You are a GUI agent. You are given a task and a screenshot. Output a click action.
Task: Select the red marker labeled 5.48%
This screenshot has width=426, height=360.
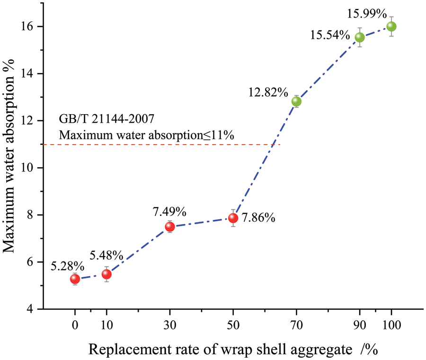point(106,274)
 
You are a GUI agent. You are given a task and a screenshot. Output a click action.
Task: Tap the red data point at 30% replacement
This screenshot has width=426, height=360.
point(170,226)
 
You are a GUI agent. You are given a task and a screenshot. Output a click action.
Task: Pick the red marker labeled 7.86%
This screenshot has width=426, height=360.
point(233,218)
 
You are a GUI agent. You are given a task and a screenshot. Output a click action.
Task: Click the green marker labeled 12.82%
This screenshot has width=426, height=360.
point(296,101)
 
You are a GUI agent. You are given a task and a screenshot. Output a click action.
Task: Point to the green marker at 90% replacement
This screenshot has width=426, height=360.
point(360,37)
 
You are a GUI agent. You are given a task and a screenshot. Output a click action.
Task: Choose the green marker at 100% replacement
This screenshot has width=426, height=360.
point(391,26)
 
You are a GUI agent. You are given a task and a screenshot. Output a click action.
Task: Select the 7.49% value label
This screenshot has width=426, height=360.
point(169,212)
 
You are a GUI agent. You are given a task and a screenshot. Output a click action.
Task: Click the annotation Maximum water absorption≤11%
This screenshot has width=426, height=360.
point(146,135)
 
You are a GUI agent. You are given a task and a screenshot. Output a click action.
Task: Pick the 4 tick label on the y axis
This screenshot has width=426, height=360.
point(35,309)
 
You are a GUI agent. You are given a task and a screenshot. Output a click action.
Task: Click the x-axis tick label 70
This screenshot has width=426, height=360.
point(296,325)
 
